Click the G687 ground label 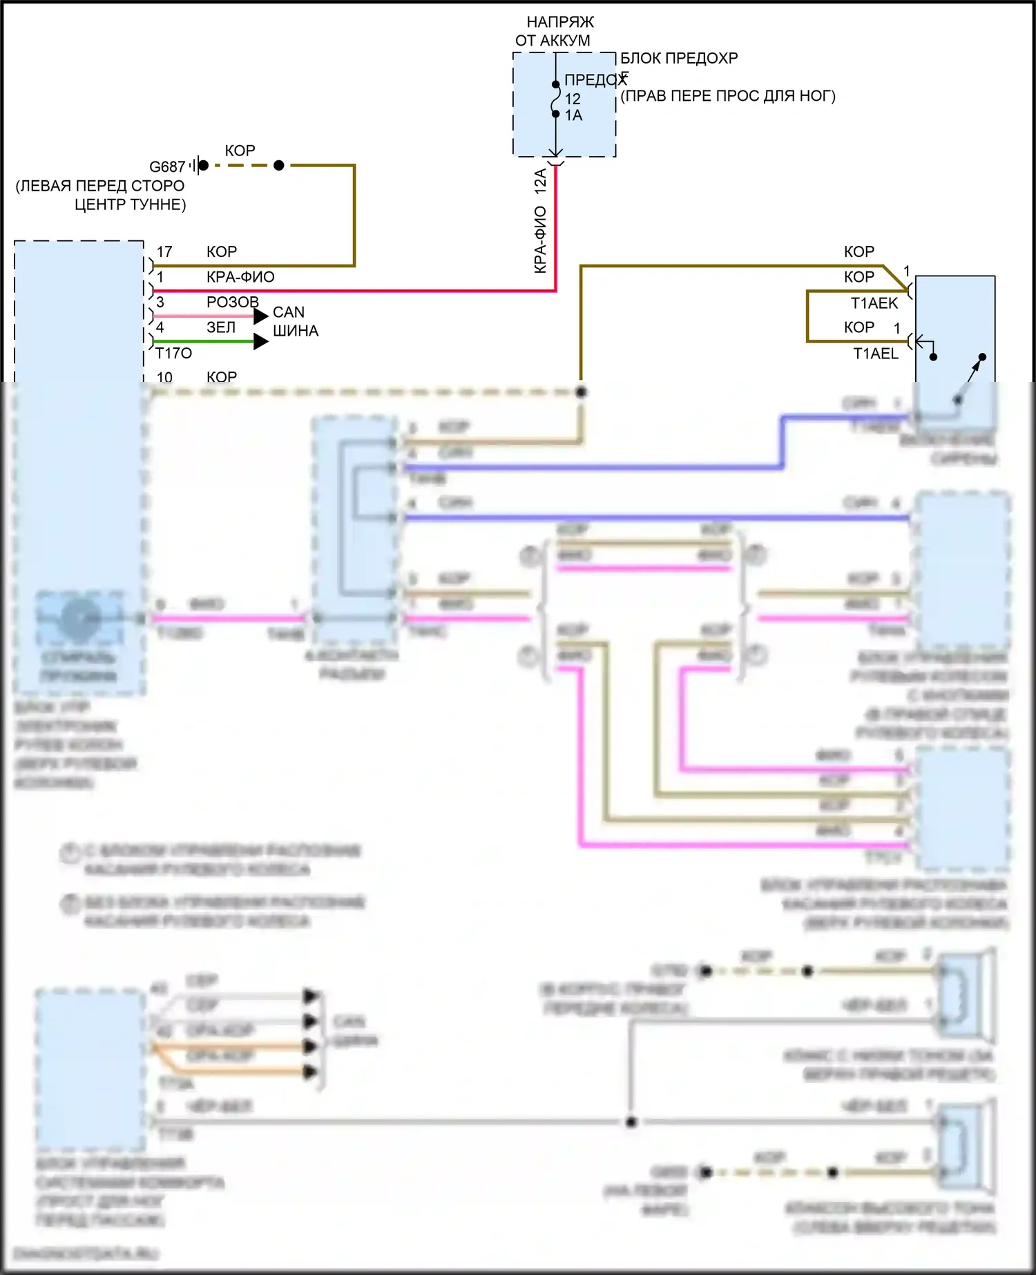tap(167, 167)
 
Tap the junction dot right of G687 tap(279, 166)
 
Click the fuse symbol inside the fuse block tap(556, 99)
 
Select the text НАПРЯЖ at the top tap(560, 22)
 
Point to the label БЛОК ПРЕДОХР tap(679, 58)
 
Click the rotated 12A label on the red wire tap(540, 181)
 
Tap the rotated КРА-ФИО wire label tap(540, 239)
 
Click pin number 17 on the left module tap(164, 252)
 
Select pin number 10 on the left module tap(164, 377)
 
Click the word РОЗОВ tap(233, 302)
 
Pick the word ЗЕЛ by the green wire tap(221, 327)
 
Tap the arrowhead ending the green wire tap(261, 341)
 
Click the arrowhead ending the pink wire tap(261, 316)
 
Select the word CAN tap(289, 312)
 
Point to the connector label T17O tap(173, 354)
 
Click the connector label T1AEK tap(874, 303)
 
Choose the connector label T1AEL tap(876, 354)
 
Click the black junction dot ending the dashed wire tap(582, 392)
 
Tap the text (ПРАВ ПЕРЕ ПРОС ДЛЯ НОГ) tap(728, 96)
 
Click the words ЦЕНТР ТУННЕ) tap(130, 204)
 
